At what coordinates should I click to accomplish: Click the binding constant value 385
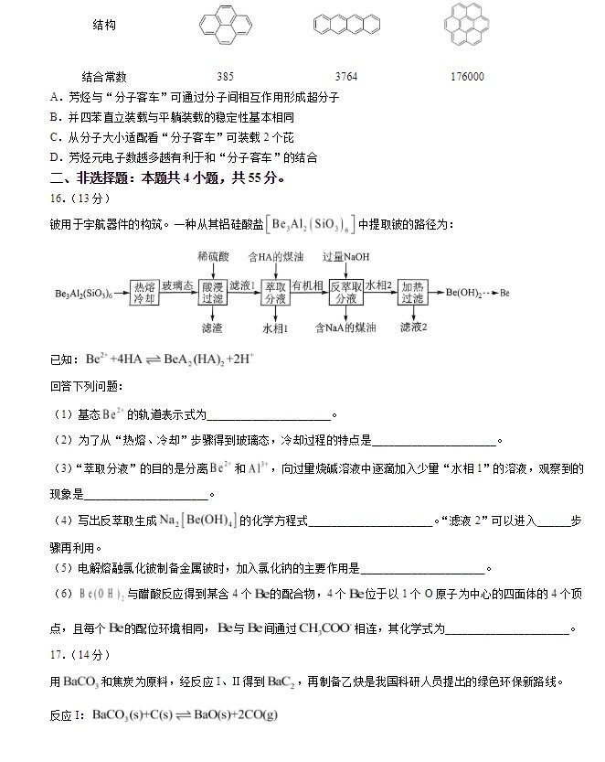point(226,77)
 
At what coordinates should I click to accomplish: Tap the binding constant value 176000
point(467,77)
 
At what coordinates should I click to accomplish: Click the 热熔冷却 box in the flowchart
point(143,293)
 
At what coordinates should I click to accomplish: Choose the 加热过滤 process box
point(413,293)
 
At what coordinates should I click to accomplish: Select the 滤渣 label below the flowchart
point(212,327)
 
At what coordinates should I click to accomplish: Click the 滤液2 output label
point(413,327)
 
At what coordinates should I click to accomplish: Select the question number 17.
point(58,654)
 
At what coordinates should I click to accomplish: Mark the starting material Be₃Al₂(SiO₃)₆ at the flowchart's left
point(84,294)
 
